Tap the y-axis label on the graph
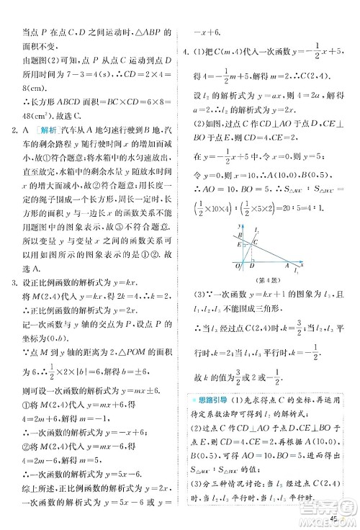(x=235, y=225)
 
